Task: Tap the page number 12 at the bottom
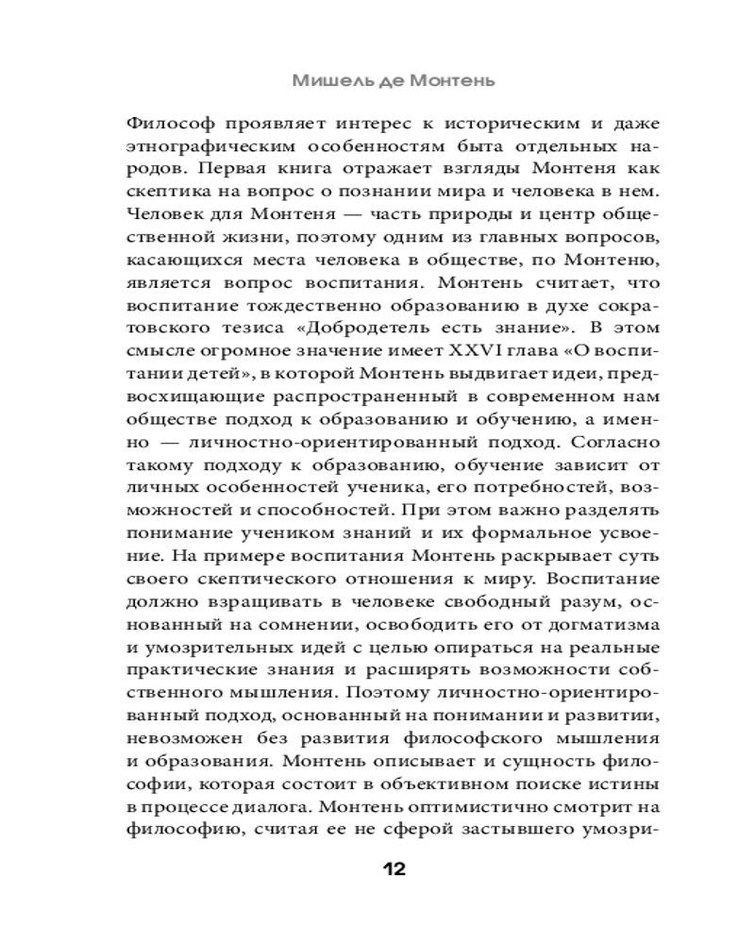(394, 868)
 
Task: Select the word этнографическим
(196, 146)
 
